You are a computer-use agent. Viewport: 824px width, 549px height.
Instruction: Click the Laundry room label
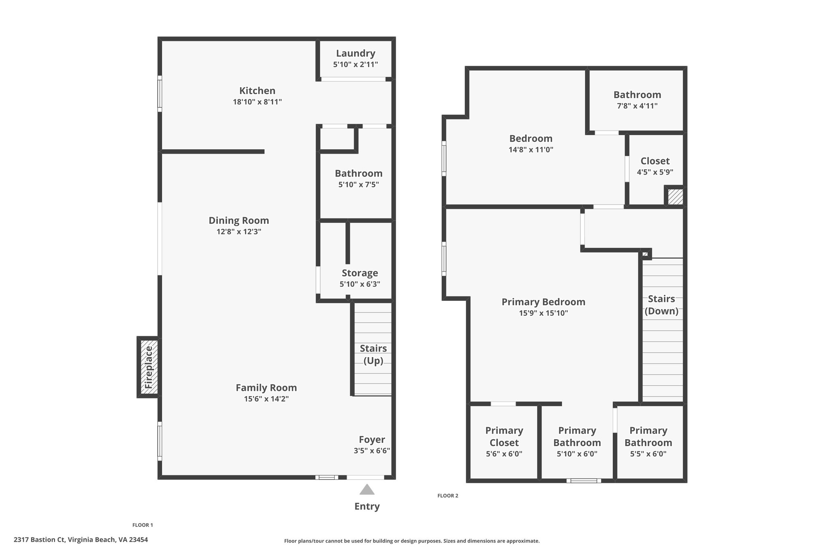[356, 53]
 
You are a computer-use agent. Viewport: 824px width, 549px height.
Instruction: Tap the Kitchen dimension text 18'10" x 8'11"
[257, 102]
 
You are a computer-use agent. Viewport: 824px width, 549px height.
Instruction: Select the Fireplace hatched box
[148, 367]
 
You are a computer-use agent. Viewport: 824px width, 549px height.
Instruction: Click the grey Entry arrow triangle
[367, 489]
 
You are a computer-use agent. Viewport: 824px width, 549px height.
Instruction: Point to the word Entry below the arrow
[367, 506]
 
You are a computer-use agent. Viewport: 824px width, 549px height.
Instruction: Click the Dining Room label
[239, 220]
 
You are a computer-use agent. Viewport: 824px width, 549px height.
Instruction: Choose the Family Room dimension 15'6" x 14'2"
[266, 399]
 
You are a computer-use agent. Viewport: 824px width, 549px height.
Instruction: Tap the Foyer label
[372, 440]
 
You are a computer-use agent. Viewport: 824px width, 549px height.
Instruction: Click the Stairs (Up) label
[373, 354]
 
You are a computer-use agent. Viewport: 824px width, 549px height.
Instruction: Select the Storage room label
[360, 273]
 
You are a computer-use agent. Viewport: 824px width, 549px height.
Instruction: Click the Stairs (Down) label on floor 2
[661, 305]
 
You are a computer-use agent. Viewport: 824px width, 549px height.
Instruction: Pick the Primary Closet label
[504, 436]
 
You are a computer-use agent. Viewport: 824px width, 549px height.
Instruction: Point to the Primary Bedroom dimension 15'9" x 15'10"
[544, 313]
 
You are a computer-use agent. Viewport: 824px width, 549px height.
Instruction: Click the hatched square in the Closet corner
[676, 197]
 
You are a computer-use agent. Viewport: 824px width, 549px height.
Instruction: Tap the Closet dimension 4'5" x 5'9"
[655, 172]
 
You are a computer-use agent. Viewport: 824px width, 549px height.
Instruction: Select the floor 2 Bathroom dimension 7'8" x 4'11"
[637, 106]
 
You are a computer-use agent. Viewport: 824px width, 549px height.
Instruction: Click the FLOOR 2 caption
[448, 496]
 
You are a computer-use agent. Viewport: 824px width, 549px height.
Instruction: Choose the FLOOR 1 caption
[143, 525]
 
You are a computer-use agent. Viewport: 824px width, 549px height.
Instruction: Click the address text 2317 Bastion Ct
[39, 540]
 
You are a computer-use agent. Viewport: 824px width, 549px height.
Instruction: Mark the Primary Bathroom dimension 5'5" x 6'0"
[648, 454]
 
